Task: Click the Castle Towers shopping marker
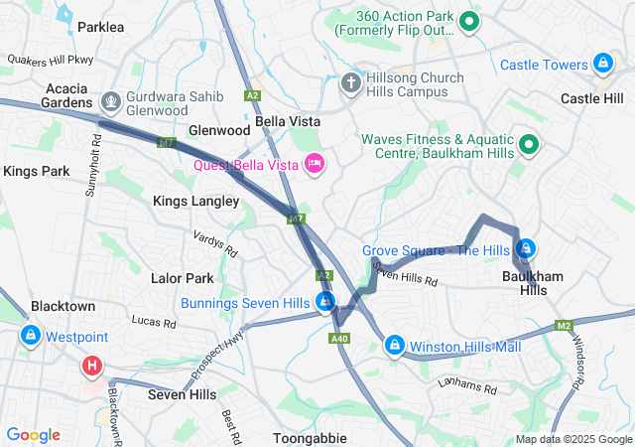click(601, 65)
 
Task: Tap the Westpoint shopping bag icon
click(31, 336)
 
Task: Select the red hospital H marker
click(92, 366)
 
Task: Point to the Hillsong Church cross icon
click(350, 82)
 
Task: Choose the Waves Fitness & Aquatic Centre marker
click(529, 146)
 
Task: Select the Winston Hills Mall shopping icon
click(395, 345)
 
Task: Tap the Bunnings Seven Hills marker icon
click(324, 301)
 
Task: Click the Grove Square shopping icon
click(526, 249)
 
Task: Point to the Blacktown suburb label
click(63, 306)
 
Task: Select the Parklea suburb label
click(100, 27)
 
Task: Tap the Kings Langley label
click(195, 201)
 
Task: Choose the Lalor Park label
click(182, 278)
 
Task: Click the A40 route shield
click(339, 339)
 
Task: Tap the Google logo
click(33, 435)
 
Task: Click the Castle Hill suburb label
click(592, 98)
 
